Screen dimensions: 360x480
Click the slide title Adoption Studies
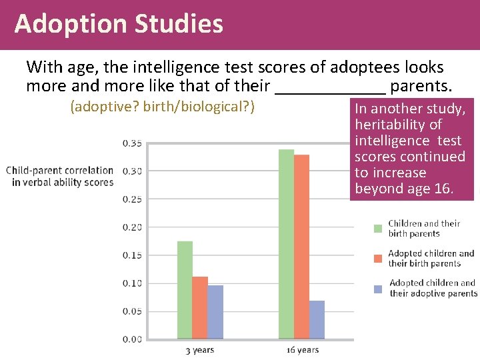pyautogui.click(x=119, y=24)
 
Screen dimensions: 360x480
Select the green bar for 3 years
pyautogui.click(x=185, y=290)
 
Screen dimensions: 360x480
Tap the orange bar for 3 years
pyautogui.click(x=200, y=307)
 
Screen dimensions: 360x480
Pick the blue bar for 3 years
pyautogui.click(x=215, y=312)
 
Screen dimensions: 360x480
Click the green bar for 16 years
pyautogui.click(x=286, y=244)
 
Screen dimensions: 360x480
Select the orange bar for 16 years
pyautogui.click(x=301, y=247)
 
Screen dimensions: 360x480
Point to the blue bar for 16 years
pyautogui.click(x=317, y=319)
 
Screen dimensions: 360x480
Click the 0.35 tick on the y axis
pyautogui.click(x=132, y=143)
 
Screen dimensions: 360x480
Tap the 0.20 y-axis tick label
pyautogui.click(x=132, y=227)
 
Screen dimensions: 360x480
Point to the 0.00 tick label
pyautogui.click(x=132, y=339)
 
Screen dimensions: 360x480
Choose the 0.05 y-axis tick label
pyautogui.click(x=132, y=311)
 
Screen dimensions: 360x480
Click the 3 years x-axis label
pyautogui.click(x=200, y=350)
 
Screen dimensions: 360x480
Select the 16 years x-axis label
pyautogui.click(x=302, y=350)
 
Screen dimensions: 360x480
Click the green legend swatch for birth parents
pyautogui.click(x=378, y=229)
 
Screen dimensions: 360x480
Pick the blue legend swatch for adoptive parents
pyautogui.click(x=378, y=289)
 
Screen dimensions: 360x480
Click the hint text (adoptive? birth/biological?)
pyautogui.click(x=163, y=107)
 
